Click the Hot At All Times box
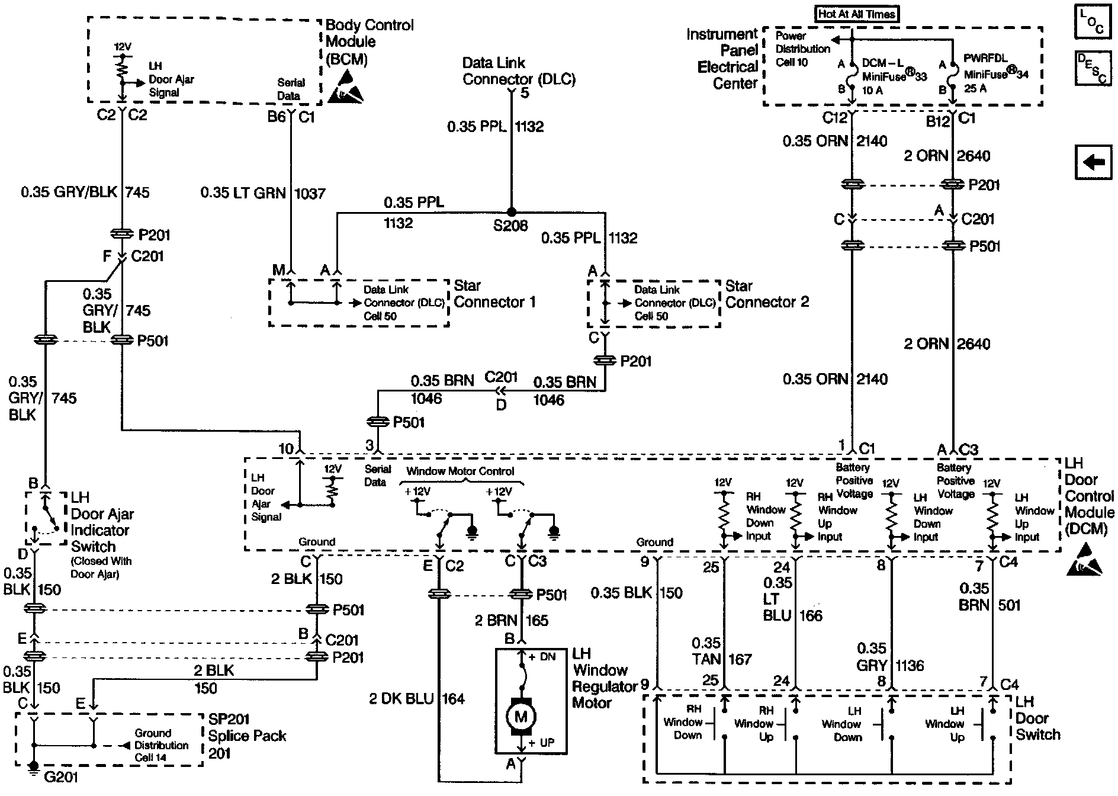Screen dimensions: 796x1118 click(x=857, y=14)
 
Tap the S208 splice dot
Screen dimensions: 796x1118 click(x=512, y=212)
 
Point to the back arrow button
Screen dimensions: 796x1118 click(x=1093, y=162)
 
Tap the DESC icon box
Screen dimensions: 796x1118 click(x=1093, y=68)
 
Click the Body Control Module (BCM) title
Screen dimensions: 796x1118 click(x=369, y=42)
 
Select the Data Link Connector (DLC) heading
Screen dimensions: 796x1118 click(x=519, y=71)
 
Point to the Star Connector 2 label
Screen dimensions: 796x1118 click(x=767, y=294)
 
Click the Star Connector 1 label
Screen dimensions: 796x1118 click(x=494, y=294)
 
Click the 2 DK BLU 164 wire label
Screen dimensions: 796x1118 click(x=417, y=699)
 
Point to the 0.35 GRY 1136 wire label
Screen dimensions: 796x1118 click(x=889, y=657)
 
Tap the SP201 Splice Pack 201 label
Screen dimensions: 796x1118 click(x=247, y=736)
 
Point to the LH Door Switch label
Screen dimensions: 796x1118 click(x=1037, y=718)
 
